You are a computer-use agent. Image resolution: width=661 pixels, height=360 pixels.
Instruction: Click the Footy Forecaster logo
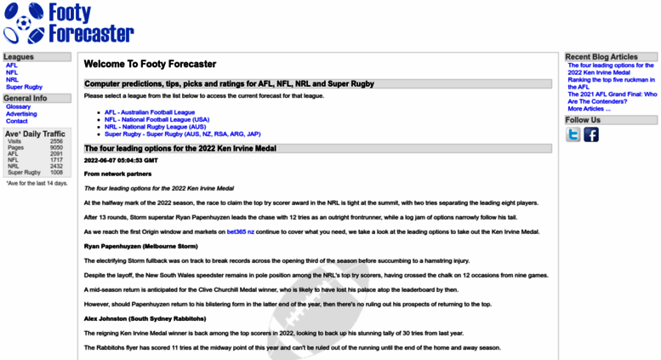[68, 24]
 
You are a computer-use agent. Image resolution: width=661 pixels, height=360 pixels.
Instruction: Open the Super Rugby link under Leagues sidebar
[24, 87]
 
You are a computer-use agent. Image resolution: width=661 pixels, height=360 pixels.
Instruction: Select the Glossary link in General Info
[18, 106]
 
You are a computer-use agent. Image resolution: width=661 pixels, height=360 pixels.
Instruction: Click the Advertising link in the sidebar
[21, 114]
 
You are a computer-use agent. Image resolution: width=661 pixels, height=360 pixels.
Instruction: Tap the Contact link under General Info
[16, 122]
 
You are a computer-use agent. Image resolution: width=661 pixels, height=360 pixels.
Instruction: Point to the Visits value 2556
[56, 141]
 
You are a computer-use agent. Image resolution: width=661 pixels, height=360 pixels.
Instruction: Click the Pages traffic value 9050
[56, 147]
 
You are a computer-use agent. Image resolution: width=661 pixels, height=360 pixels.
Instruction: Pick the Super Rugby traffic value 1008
[56, 173]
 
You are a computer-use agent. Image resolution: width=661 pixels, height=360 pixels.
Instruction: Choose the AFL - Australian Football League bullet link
[150, 112]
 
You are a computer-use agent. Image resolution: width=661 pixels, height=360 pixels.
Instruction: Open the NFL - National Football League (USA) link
[157, 120]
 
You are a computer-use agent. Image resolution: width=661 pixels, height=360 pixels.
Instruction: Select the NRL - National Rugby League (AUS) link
[155, 127]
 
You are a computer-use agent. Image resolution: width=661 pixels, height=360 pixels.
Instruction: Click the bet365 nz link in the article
[241, 231]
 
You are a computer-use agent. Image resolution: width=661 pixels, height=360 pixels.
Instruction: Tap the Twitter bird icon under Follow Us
[573, 134]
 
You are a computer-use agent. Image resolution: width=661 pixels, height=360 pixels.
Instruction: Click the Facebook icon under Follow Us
[591, 134]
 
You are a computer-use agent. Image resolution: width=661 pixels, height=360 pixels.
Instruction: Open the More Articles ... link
[587, 109]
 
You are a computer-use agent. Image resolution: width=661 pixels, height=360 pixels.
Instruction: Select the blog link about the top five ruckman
[610, 83]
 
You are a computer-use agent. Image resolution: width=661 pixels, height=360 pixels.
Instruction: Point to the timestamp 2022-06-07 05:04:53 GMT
[120, 159]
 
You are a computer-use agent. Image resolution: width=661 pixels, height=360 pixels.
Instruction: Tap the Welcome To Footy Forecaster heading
[150, 64]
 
